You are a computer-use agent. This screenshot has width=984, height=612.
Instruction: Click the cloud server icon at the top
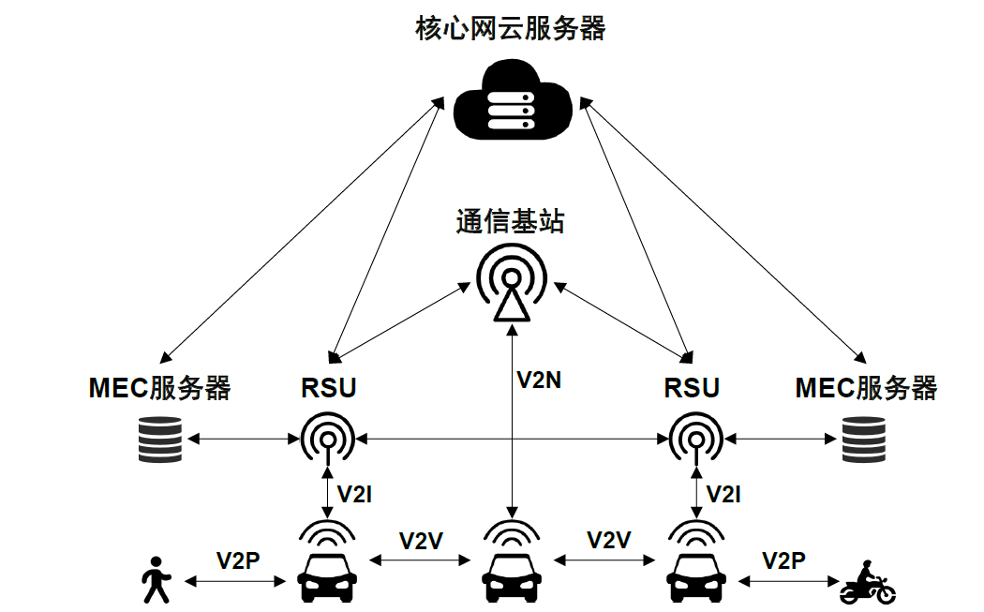click(511, 102)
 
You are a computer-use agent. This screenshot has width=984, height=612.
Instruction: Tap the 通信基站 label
click(511, 222)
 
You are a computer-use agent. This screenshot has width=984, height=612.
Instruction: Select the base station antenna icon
click(511, 282)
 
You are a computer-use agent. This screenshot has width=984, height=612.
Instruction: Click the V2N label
click(541, 380)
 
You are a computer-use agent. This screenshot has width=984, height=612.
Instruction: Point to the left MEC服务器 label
click(159, 388)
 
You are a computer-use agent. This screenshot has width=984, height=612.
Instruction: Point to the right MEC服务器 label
click(866, 388)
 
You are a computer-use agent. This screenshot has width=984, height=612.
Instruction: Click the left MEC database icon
click(158, 439)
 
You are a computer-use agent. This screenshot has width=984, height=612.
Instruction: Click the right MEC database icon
click(863, 439)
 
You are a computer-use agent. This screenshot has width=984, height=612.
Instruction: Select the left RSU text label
click(329, 388)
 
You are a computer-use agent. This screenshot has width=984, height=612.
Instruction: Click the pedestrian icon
click(156, 579)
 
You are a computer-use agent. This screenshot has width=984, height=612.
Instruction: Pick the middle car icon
click(512, 573)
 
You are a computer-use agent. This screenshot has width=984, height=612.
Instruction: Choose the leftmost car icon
click(327, 573)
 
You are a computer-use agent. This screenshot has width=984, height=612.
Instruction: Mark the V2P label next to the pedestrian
click(238, 560)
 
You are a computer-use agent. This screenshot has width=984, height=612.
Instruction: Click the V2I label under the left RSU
click(355, 494)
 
